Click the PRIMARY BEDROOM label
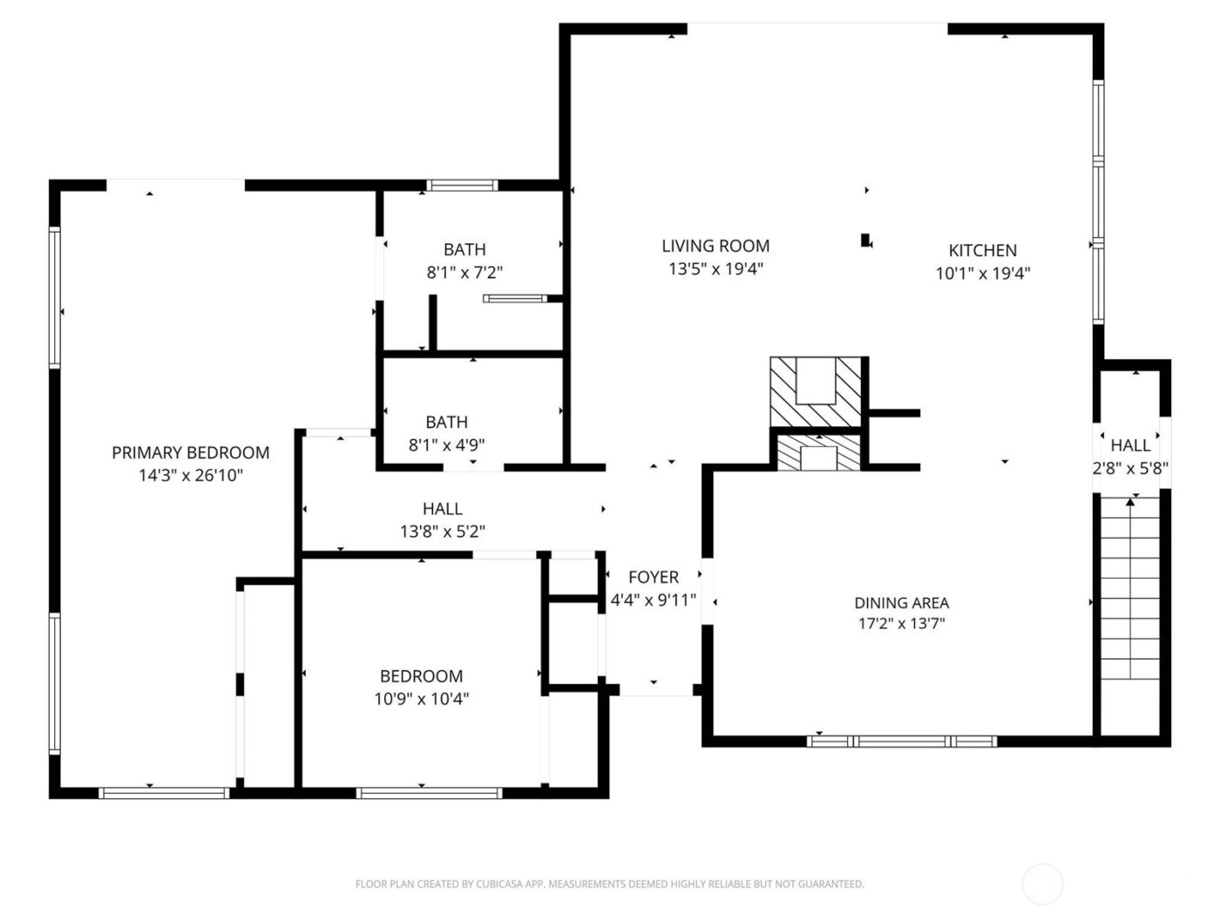click(x=190, y=452)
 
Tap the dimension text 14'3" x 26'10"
click(x=190, y=475)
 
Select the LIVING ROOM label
click(x=715, y=247)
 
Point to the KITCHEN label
click(x=983, y=250)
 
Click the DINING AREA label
click(x=901, y=602)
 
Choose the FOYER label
click(x=654, y=577)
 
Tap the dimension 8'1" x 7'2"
click(x=464, y=272)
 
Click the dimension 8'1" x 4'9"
click(x=446, y=444)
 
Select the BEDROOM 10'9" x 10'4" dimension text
click(x=421, y=698)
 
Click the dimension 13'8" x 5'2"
click(x=442, y=531)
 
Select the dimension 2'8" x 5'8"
click(x=1130, y=468)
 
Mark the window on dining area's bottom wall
click(x=901, y=742)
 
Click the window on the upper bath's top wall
click(x=462, y=185)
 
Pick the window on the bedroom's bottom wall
click(x=429, y=793)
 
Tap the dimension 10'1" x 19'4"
click(x=983, y=273)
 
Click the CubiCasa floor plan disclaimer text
click(x=609, y=884)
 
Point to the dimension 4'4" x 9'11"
click(x=654, y=600)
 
